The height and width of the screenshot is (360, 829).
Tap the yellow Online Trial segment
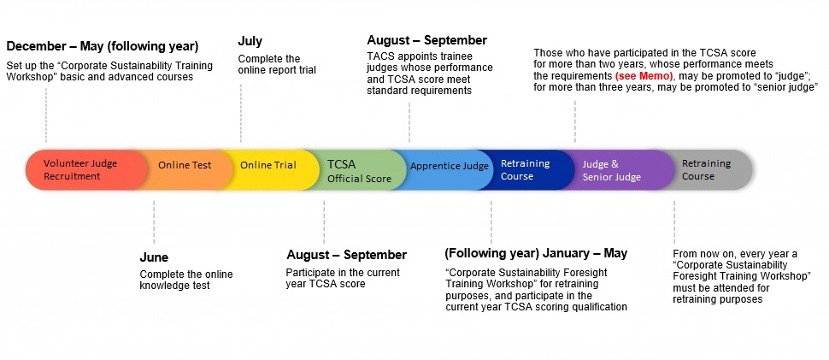click(x=267, y=169)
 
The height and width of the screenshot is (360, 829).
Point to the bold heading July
click(x=250, y=41)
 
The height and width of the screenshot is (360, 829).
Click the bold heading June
click(x=154, y=257)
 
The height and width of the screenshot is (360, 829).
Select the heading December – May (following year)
click(x=103, y=46)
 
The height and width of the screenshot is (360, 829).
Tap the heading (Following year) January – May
click(x=536, y=253)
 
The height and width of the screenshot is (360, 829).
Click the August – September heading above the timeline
click(x=427, y=40)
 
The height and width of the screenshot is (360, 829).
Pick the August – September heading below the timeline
click(x=347, y=255)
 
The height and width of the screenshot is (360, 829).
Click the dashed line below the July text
click(x=240, y=113)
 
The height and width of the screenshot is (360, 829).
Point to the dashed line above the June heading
click(x=154, y=222)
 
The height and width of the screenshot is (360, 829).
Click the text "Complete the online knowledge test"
click(x=186, y=280)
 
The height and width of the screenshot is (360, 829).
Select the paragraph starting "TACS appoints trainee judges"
click(x=430, y=73)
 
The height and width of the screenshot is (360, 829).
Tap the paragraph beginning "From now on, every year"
click(x=743, y=276)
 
